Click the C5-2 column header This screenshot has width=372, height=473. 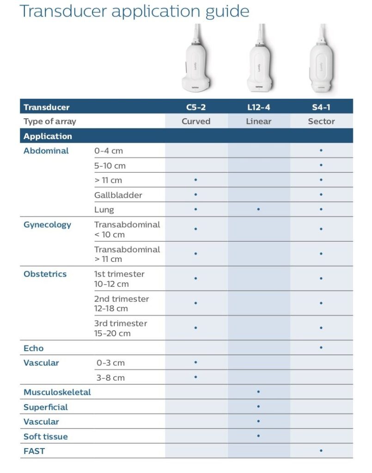tap(196, 107)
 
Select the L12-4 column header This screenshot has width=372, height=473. tap(258, 107)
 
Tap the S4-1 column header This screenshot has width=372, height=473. tap(321, 107)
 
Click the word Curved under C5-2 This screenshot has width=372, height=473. tap(196, 121)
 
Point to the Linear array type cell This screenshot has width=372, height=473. tap(258, 121)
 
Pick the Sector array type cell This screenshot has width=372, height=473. tap(321, 121)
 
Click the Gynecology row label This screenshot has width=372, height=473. tap(47, 225)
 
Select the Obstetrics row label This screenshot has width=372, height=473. tap(45, 274)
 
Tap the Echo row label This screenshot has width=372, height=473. tap(33, 348)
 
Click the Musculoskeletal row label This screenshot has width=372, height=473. tap(57, 392)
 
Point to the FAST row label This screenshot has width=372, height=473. tap(34, 451)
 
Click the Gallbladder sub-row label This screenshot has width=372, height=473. tap(118, 195)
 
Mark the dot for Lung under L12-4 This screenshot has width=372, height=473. tap(258, 209)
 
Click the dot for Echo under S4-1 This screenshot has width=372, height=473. tap(321, 347)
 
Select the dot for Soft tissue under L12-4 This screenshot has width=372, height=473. tap(258, 436)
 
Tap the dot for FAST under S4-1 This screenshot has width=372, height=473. tap(321, 450)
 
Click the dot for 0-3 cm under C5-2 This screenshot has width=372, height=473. tap(196, 363)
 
